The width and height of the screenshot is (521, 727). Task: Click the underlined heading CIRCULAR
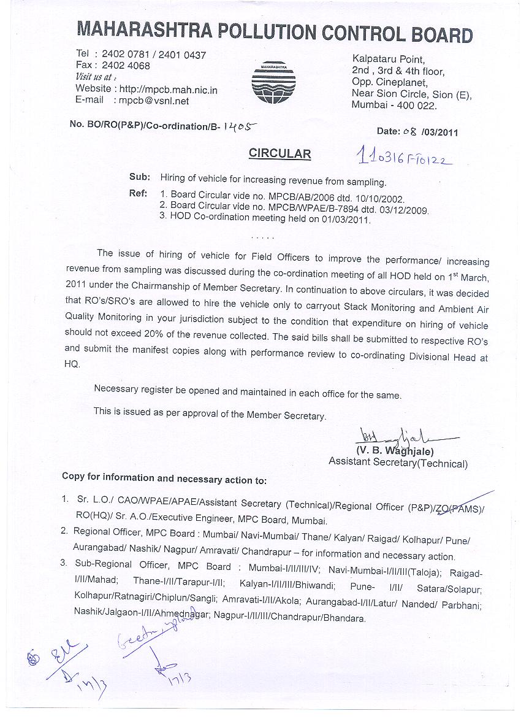[280, 153]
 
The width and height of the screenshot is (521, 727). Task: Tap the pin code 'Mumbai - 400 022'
[394, 106]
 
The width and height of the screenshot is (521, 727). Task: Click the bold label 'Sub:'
[139, 177]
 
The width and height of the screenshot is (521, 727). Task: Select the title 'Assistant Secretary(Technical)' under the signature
[398, 464]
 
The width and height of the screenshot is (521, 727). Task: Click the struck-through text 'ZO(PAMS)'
[459, 507]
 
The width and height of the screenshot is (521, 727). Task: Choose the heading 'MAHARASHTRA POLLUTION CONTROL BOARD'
[274, 33]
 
